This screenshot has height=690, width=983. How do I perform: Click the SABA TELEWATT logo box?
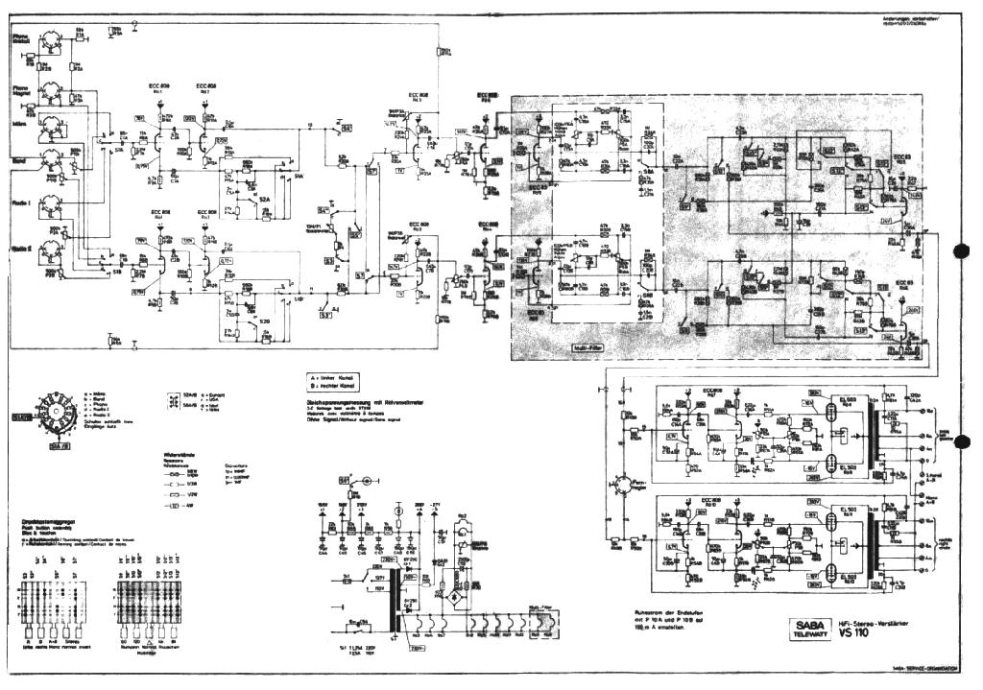point(803,628)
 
